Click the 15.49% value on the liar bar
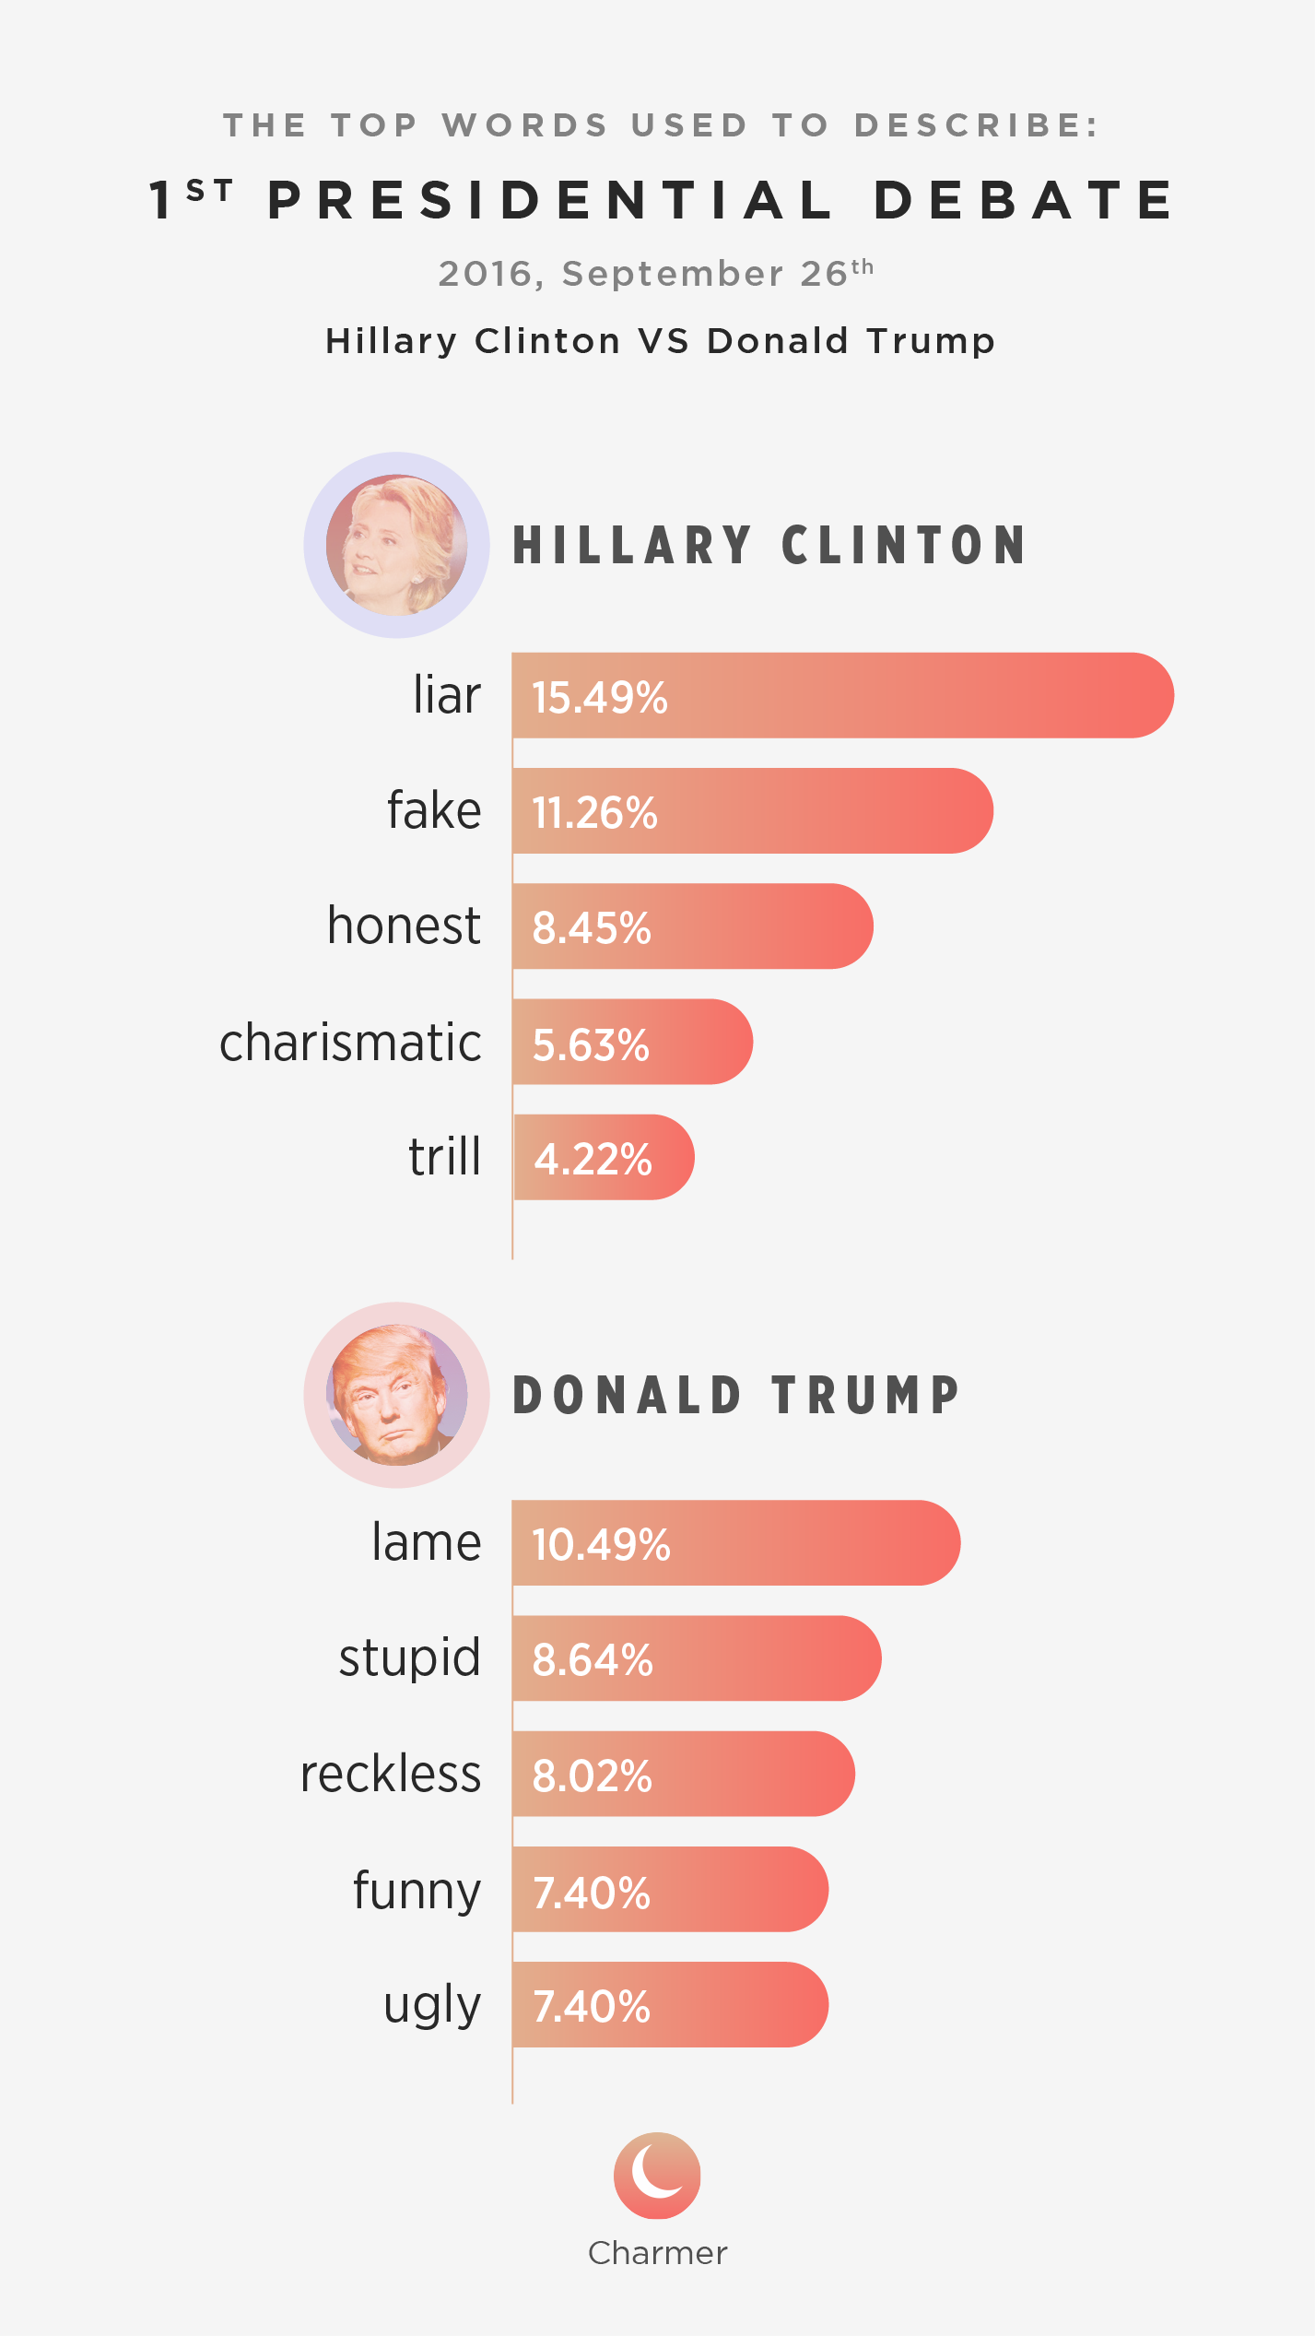[599, 697]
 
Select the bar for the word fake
[751, 811]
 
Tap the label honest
[404, 926]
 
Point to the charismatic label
[350, 1043]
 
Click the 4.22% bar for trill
[603, 1158]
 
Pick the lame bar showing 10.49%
[735, 1543]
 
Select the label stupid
[409, 1658]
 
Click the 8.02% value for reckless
[592, 1776]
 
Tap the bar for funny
[669, 1890]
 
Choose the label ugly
[431, 2005]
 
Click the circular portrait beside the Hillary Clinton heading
[396, 545]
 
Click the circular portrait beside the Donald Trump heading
[396, 1395]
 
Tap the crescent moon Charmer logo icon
[657, 2175]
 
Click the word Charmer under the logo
[657, 2253]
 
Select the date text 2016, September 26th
[655, 274]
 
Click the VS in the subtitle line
[663, 341]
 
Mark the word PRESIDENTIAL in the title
[550, 201]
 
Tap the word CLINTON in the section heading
[903, 545]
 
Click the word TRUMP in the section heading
[866, 1395]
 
